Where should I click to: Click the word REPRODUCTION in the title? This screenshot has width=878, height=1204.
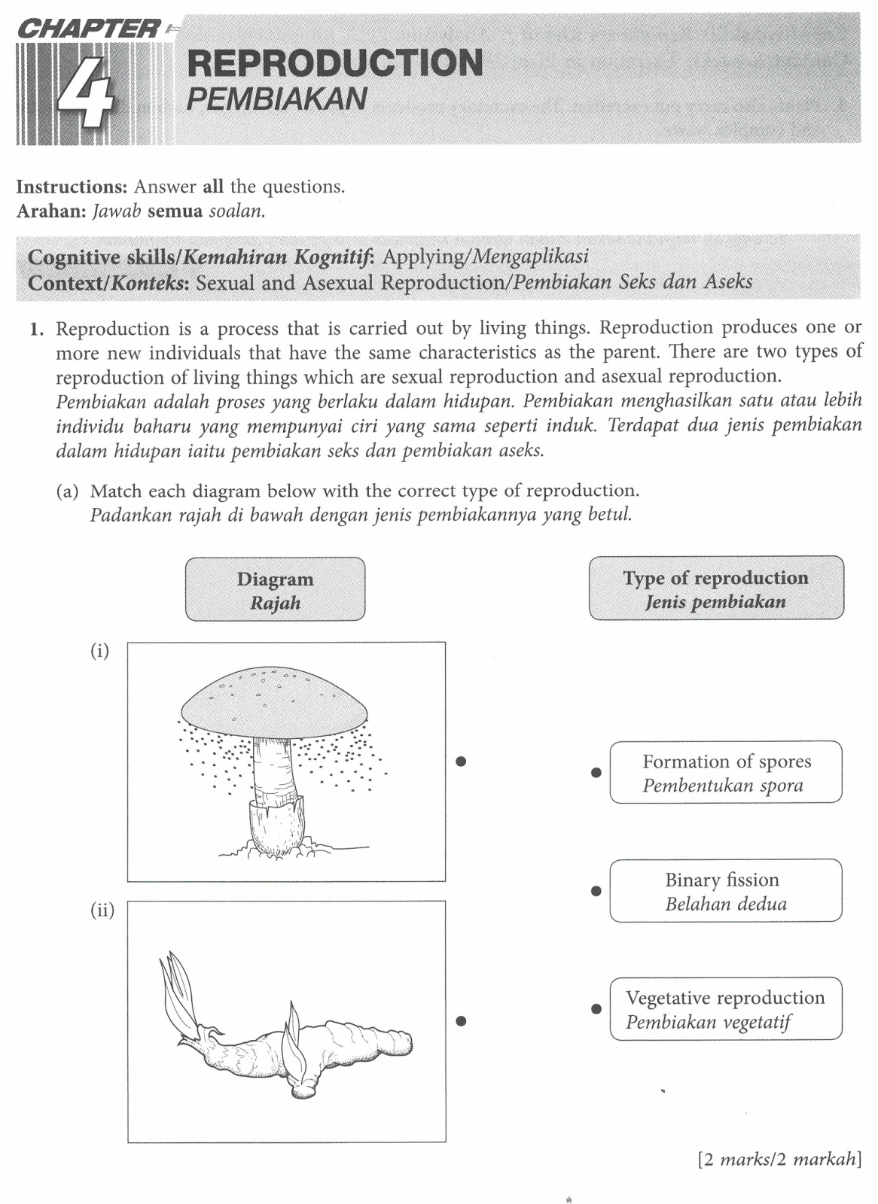coord(334,63)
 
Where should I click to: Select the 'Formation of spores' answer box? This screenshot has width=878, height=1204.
coord(726,773)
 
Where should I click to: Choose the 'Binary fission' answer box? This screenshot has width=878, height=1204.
coord(726,891)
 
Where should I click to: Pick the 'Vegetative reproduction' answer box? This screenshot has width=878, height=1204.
coord(726,1009)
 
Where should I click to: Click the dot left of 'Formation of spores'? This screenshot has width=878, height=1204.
coord(596,773)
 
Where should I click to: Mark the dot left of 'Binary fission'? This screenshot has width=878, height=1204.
coord(596,891)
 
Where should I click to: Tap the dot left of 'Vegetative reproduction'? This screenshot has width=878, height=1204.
coord(596,1009)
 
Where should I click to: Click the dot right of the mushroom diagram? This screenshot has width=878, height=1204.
coord(462,762)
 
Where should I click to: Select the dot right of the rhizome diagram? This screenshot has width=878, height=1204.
coord(462,1021)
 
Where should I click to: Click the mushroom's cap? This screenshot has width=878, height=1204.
coord(274,696)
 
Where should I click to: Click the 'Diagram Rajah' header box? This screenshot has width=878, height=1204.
coord(275,590)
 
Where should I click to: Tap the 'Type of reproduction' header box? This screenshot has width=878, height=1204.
coord(715,589)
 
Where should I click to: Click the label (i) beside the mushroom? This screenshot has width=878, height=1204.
coord(100,651)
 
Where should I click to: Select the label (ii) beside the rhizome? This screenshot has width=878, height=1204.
coord(102,911)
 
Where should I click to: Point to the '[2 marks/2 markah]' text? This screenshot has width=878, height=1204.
coord(779,1159)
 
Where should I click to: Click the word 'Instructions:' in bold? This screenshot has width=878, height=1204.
coord(72,187)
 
